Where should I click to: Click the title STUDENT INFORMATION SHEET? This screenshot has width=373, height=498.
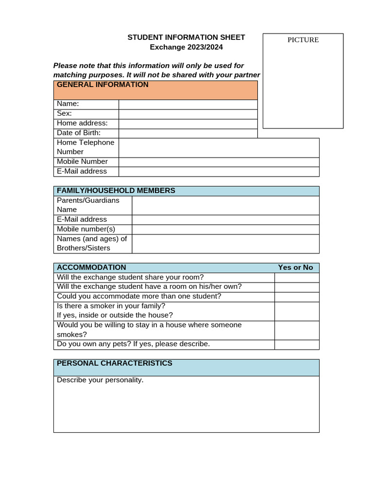186,37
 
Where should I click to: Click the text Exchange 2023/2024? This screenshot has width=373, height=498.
186,47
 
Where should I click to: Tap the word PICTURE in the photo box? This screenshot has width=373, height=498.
303,40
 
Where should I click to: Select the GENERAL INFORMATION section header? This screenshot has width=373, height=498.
102,85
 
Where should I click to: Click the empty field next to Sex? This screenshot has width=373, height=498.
188,114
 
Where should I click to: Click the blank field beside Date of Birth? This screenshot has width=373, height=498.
188,133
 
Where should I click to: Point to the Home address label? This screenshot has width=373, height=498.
82,124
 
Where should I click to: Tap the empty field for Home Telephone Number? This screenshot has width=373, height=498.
219,147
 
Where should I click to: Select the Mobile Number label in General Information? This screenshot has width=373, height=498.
82,161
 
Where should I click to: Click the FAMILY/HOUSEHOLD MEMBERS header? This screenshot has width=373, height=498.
116,191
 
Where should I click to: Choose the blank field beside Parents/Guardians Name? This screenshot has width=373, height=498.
225,205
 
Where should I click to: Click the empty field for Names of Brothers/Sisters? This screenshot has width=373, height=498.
225,244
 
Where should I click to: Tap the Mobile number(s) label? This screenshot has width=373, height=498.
86,229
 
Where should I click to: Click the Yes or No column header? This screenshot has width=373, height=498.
295,267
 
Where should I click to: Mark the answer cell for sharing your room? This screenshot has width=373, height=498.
297,277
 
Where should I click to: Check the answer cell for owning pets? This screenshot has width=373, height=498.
297,344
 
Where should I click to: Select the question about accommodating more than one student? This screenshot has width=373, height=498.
139,296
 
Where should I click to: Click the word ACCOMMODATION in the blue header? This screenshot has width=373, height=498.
91,267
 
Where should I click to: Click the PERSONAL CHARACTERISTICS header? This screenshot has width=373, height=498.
115,363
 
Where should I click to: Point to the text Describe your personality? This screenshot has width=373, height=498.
100,380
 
